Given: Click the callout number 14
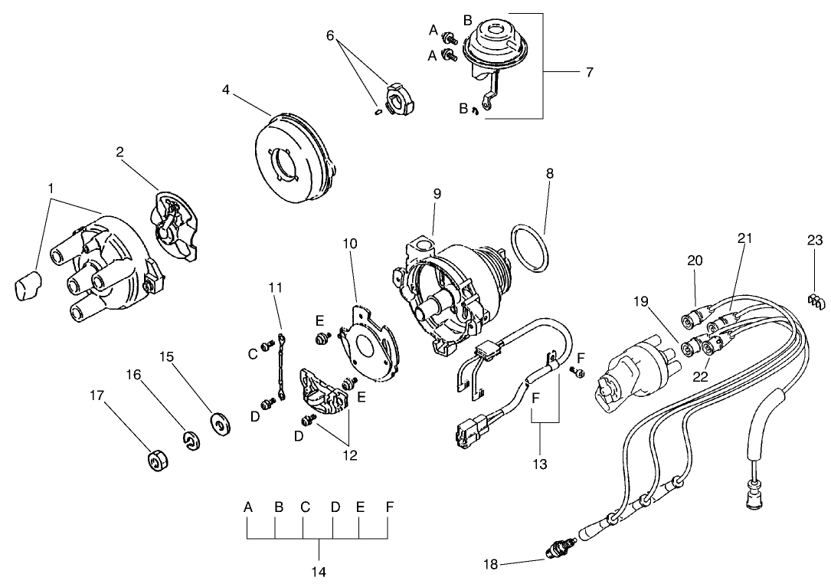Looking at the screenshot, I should pos(319,572).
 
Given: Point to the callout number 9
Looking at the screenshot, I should pos(437,194).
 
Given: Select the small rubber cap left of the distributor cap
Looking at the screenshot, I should pos(28,286).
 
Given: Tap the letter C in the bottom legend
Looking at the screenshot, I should pos(305,507).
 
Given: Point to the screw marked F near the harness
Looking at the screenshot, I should pos(579,372).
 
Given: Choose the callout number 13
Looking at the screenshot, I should pos(540,464).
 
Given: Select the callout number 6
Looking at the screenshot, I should pos(330,35).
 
